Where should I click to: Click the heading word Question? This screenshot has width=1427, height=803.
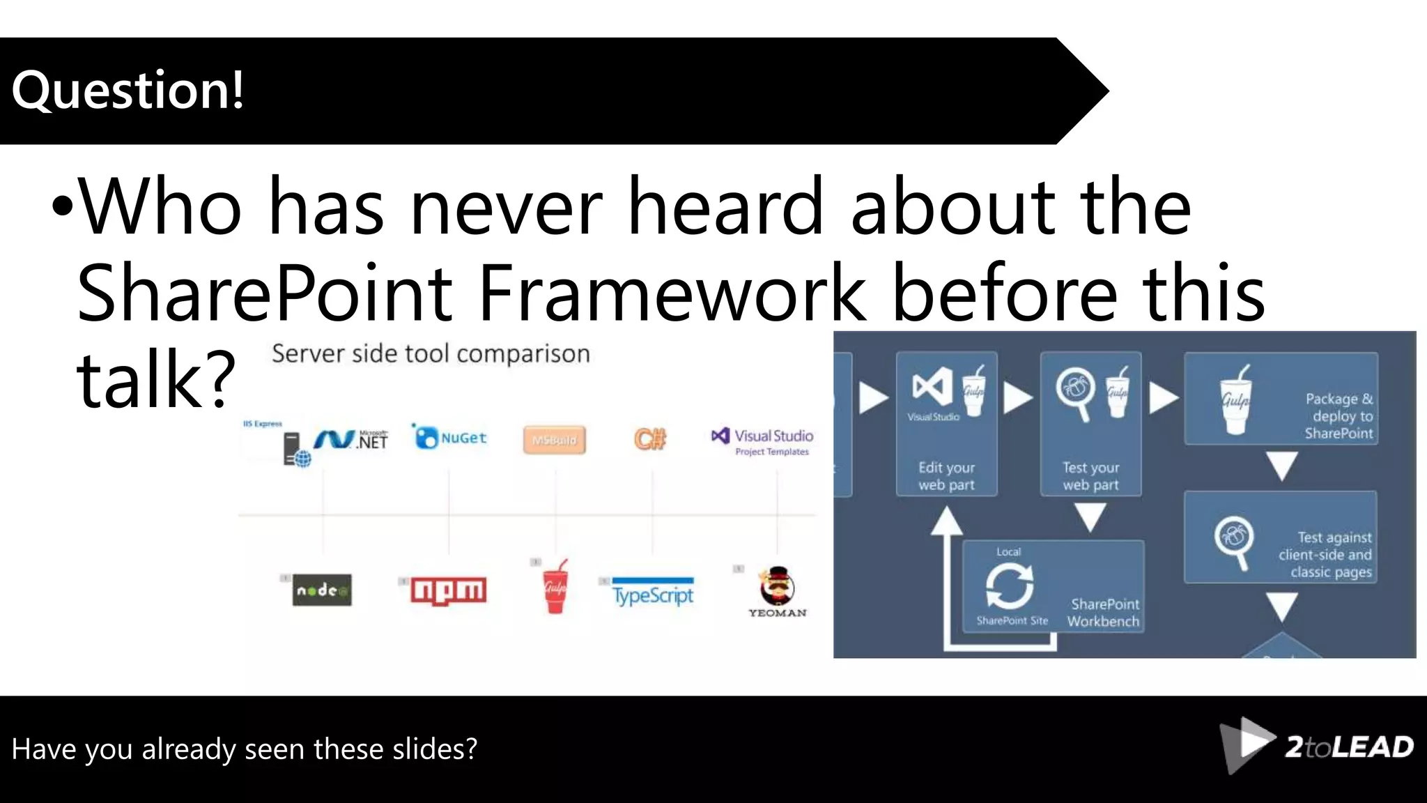point(128,91)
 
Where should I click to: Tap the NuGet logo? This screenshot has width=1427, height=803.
point(451,438)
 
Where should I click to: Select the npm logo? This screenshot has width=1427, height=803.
point(448,590)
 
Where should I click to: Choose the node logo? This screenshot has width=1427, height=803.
point(322,590)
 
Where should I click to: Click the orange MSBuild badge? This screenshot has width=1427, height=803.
point(554,440)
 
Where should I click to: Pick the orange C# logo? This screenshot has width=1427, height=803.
point(650,438)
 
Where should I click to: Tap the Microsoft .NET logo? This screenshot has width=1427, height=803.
point(351,439)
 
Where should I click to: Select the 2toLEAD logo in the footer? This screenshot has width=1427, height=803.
point(1318,746)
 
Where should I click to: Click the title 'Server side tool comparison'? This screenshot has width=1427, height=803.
point(431,354)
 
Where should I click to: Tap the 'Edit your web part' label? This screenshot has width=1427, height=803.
point(946,476)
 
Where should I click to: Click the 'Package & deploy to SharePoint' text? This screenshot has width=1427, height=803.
point(1339,416)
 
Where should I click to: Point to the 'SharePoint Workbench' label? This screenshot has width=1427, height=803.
point(1104,613)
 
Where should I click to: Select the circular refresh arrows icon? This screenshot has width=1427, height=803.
point(1009,586)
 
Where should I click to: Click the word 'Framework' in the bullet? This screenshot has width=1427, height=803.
point(672,293)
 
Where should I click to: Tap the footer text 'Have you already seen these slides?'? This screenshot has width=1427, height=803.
point(245,749)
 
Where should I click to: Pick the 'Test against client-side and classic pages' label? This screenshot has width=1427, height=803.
point(1325,555)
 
